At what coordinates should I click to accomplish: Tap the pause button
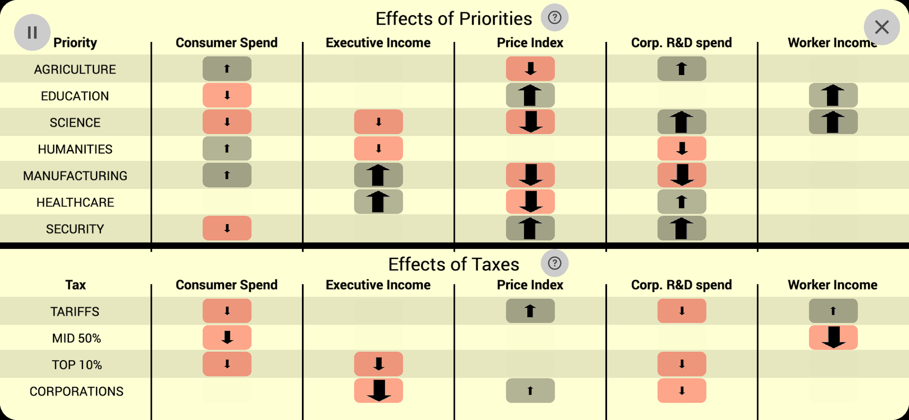(32, 33)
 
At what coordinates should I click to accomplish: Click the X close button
(882, 27)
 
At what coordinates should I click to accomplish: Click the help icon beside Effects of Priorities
(555, 18)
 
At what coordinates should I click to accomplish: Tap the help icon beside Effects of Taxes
(555, 263)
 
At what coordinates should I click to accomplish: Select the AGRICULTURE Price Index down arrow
(530, 69)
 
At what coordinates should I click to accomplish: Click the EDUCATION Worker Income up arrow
(833, 96)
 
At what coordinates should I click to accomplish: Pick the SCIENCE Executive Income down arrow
(378, 122)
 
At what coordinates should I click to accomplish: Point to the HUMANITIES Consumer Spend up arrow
(227, 149)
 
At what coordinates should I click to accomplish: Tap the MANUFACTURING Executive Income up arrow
(378, 175)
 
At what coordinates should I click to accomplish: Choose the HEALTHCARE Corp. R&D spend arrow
(681, 202)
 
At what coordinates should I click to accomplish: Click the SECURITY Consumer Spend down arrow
(227, 228)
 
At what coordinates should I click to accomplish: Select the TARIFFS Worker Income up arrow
(833, 311)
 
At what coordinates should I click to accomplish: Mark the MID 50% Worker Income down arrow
(833, 338)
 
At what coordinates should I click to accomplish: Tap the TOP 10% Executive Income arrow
(378, 364)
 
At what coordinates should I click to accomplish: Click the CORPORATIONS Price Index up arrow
(530, 391)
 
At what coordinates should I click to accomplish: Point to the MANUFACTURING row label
(75, 176)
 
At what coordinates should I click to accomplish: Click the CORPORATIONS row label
(76, 392)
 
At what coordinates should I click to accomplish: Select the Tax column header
(75, 285)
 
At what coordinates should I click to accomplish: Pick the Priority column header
(75, 43)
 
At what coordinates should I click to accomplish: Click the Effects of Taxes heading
(453, 265)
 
